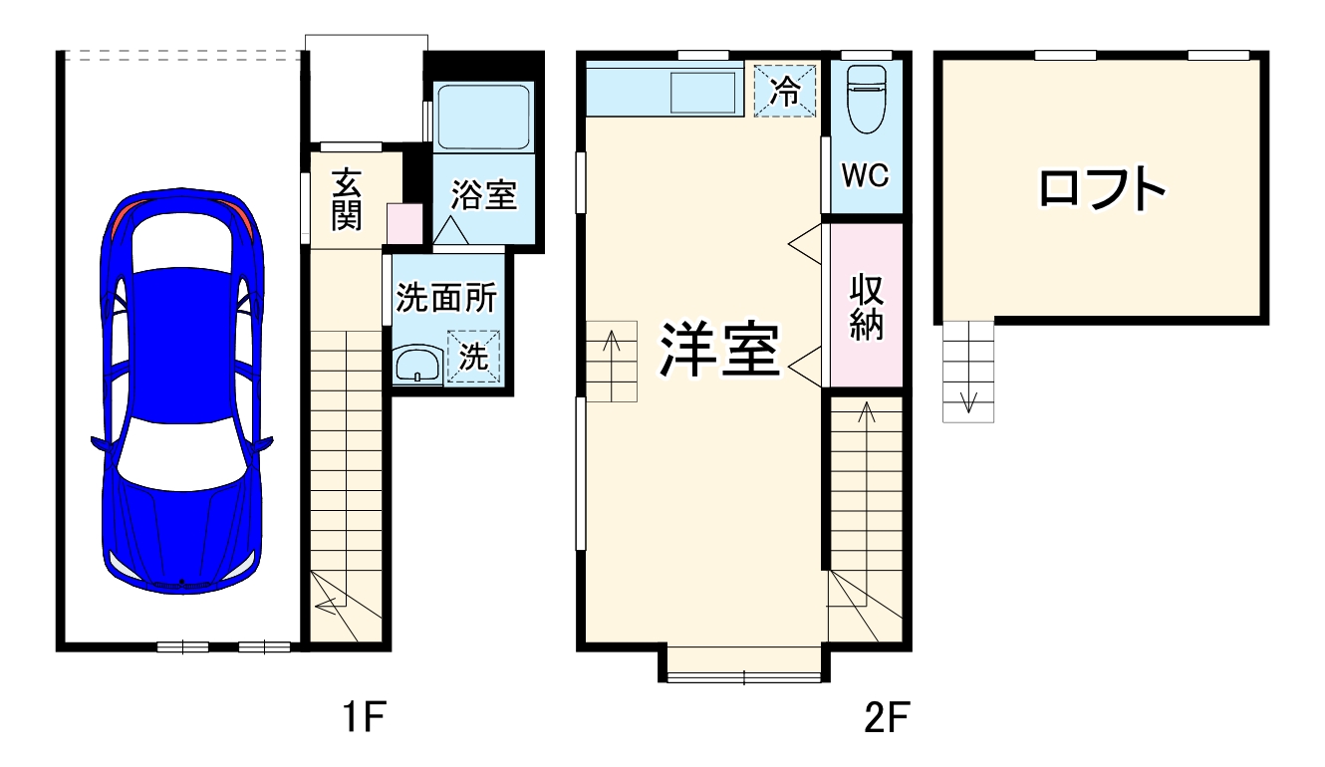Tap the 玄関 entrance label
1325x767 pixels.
tap(347, 199)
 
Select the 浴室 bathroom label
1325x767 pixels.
tap(483, 195)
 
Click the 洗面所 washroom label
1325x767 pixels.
tap(445, 298)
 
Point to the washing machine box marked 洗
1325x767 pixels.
tap(474, 356)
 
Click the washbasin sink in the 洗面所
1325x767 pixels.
tap(417, 365)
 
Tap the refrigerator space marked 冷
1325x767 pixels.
tap(785, 91)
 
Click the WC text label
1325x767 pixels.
tap(865, 175)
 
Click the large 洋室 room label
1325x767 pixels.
tap(718, 351)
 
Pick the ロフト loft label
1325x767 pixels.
tap(1101, 188)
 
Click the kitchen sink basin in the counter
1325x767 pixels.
tap(702, 94)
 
